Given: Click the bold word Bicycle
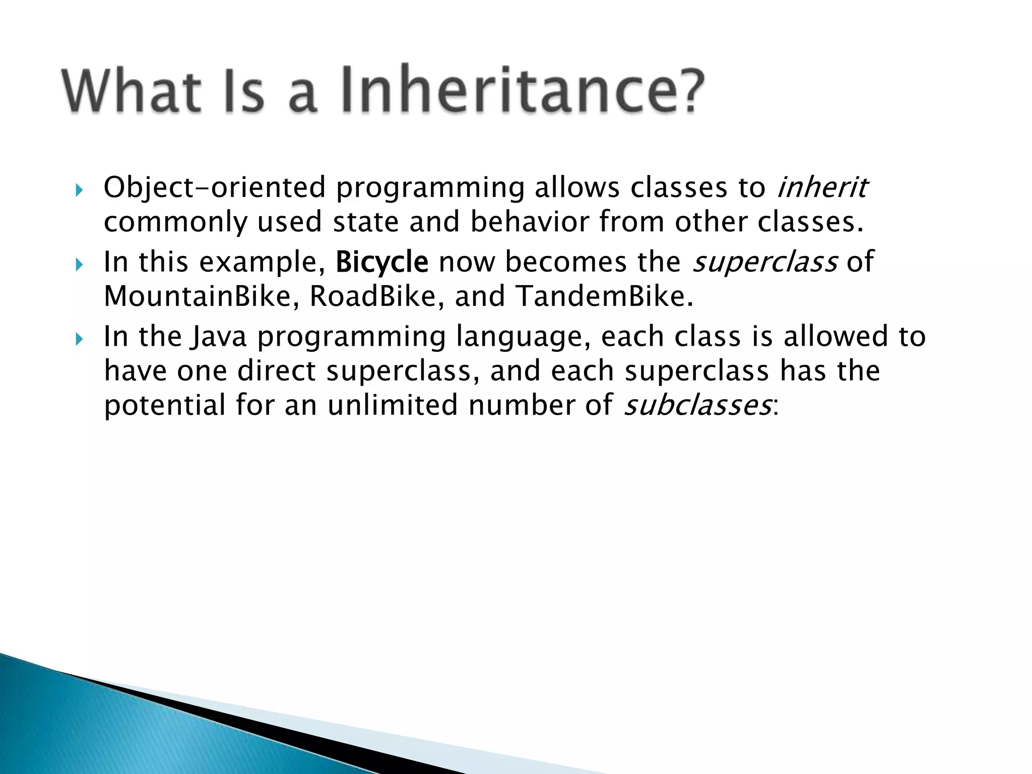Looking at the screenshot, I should coord(381,263).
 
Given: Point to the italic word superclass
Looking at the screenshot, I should coord(764,263).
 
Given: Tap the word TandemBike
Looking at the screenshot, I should coord(604,296).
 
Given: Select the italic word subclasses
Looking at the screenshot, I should coord(697,406).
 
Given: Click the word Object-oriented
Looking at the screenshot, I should coord(215,188).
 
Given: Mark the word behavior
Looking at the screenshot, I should coord(529,222).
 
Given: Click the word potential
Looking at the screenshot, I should coord(164,406).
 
